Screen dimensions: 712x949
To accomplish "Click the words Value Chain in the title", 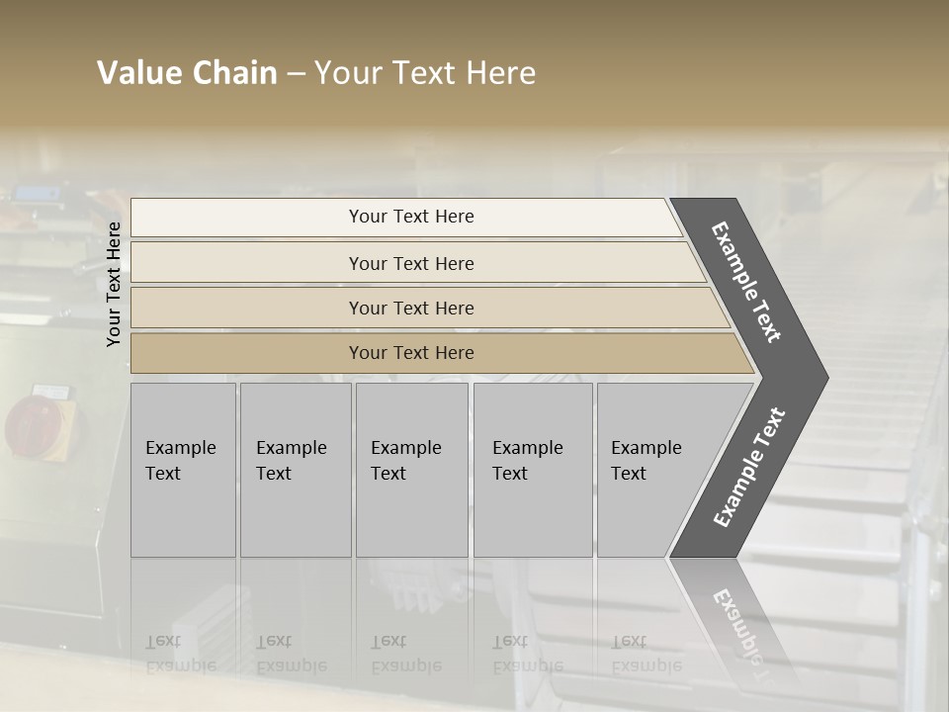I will pyautogui.click(x=187, y=73).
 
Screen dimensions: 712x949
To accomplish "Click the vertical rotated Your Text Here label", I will pyautogui.click(x=114, y=284).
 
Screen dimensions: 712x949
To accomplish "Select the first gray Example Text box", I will pyautogui.click(x=183, y=469).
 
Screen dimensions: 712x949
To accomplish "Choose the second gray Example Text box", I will pyautogui.click(x=296, y=469).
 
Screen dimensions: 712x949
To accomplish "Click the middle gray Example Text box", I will pyautogui.click(x=411, y=469).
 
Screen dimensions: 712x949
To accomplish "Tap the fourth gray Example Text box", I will pyautogui.click(x=532, y=469).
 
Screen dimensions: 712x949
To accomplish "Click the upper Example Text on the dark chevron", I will pyautogui.click(x=746, y=282).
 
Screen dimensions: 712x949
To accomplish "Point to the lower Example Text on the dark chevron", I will pyautogui.click(x=749, y=467).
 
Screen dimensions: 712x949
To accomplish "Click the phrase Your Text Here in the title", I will pyautogui.click(x=425, y=73).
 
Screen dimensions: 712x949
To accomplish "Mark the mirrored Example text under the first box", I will pyautogui.click(x=180, y=654).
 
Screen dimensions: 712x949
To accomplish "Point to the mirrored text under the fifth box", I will pyautogui.click(x=646, y=654).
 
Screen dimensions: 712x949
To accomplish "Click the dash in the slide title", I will pyautogui.click(x=296, y=74).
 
